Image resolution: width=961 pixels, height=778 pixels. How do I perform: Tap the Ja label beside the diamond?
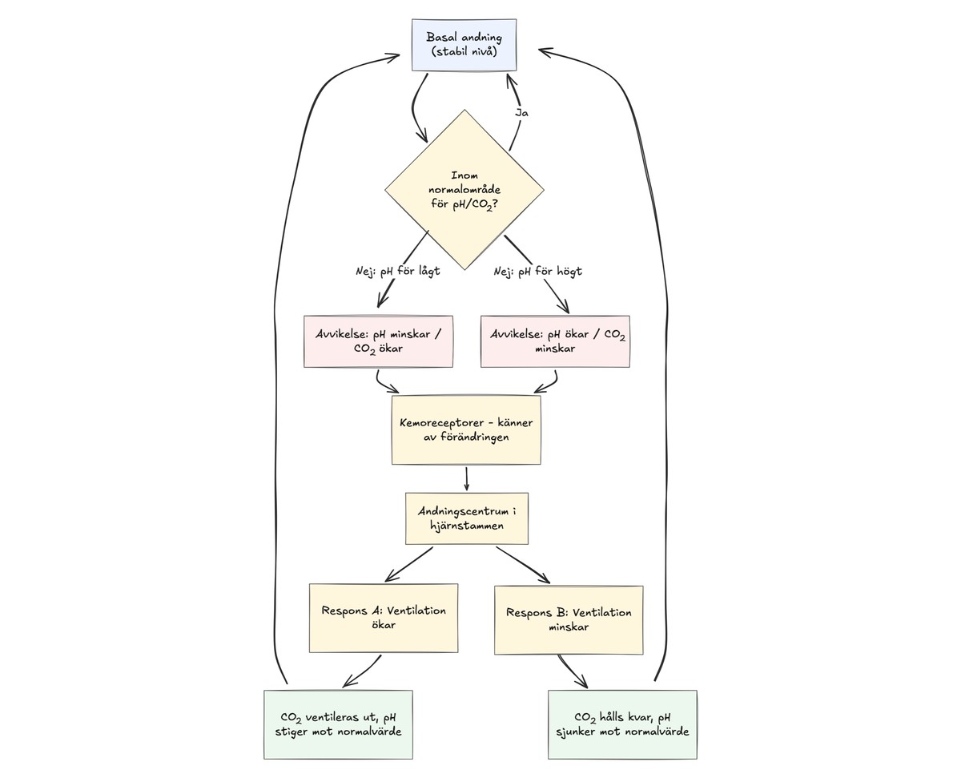[x=521, y=113]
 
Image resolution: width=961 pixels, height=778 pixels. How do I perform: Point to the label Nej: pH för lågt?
[x=398, y=271]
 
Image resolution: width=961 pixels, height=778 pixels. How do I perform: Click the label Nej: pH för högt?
[x=537, y=271]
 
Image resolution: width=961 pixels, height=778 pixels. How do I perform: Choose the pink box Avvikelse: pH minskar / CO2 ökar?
[x=378, y=341]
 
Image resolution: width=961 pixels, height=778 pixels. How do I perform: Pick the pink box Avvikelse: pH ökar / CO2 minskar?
[x=554, y=341]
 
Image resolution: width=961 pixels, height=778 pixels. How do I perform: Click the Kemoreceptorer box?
[x=465, y=429]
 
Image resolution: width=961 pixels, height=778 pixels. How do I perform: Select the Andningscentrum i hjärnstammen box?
[x=466, y=518]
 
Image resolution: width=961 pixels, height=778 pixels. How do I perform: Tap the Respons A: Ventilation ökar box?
[x=384, y=617]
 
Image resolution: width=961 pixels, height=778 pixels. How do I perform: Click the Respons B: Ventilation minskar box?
[x=568, y=619]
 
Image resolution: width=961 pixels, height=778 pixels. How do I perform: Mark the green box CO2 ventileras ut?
[x=338, y=724]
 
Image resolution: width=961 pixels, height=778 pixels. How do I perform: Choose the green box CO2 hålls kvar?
[x=622, y=724]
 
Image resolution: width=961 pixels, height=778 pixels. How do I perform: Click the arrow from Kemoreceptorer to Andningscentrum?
[x=466, y=478]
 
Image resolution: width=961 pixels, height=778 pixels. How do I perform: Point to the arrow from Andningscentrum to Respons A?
[x=409, y=564]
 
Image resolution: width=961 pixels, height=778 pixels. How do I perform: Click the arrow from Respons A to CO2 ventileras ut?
[x=363, y=671]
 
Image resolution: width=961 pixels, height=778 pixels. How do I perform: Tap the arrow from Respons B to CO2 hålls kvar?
[x=572, y=671]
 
